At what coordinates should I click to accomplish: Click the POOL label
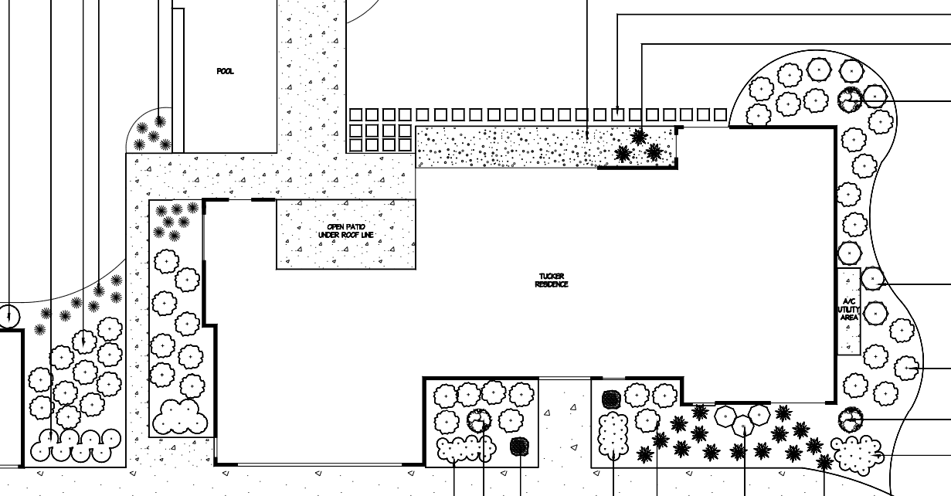click(225, 72)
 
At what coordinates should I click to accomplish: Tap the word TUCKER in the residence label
click(552, 277)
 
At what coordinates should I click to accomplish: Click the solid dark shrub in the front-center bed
click(519, 447)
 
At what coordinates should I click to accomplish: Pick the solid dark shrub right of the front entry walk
click(611, 399)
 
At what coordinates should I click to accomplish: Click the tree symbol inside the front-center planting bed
click(479, 420)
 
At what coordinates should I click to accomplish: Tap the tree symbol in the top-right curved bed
click(849, 98)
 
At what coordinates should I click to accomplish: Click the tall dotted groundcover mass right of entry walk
click(614, 435)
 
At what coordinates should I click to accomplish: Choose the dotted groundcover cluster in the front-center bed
click(465, 448)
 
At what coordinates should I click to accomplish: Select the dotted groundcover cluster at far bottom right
click(857, 453)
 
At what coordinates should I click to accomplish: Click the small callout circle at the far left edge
click(8, 316)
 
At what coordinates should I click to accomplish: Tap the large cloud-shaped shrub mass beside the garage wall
click(181, 418)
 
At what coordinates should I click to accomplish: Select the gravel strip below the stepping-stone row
click(510, 147)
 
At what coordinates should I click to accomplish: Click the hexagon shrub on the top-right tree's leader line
click(875, 97)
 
